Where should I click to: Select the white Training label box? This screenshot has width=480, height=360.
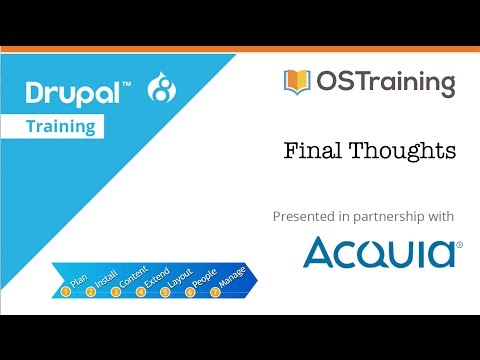point(89,127)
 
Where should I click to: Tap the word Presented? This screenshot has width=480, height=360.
point(305,216)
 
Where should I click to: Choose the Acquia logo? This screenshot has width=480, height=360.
point(382,252)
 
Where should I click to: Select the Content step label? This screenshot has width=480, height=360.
point(132,277)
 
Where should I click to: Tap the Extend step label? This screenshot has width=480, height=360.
point(158,277)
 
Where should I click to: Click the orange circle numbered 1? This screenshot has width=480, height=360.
point(66,292)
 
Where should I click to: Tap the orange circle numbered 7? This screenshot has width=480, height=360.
point(215,292)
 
